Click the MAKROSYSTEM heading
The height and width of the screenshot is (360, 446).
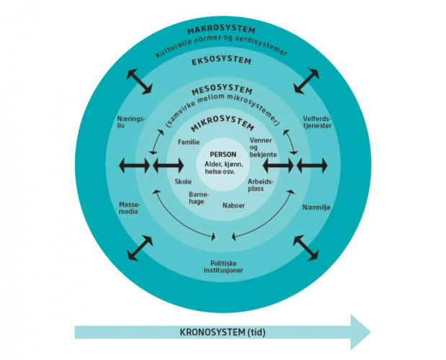coord(221,30)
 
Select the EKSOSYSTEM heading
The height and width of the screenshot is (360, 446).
coord(221,61)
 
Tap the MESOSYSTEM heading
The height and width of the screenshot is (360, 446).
coord(222,90)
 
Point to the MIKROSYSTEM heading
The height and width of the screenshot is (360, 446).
coord(222,122)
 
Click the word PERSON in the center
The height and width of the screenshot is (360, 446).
coord(223,155)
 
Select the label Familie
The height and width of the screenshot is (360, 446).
coord(189,142)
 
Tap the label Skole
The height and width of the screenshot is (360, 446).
coord(183,181)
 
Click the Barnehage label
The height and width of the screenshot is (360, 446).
coord(199,198)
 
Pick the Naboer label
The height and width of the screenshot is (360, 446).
coord(233,205)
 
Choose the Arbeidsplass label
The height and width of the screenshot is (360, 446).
coord(260,185)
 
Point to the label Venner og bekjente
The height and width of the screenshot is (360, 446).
coord(263,148)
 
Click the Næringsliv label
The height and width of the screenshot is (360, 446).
coord(131,122)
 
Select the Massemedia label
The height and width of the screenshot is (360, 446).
coord(130,208)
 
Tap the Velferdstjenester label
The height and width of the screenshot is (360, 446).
coord(317,122)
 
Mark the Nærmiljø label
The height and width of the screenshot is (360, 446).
coord(316,207)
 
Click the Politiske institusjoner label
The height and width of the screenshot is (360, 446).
coord(223,267)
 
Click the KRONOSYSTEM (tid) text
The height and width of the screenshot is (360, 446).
coord(223,332)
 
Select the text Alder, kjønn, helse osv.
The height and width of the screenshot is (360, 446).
coord(223,168)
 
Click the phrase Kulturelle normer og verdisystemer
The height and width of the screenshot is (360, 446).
coord(221,45)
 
